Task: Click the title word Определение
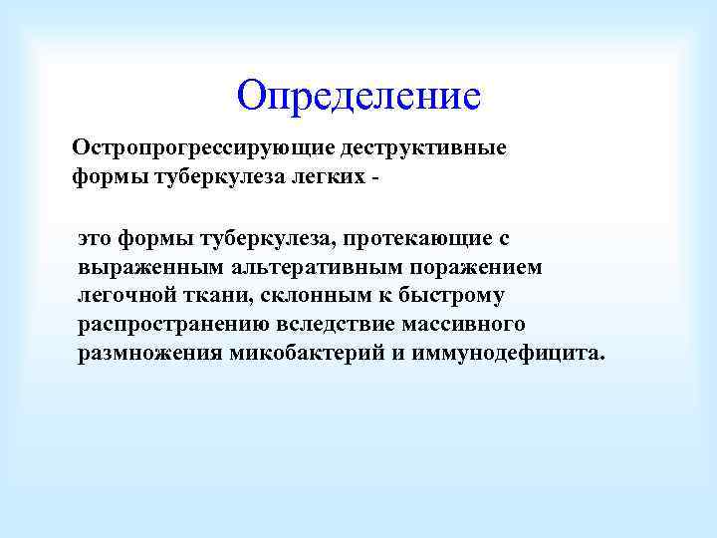coord(358,97)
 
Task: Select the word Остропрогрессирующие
coord(203,148)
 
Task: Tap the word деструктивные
coord(423,148)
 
